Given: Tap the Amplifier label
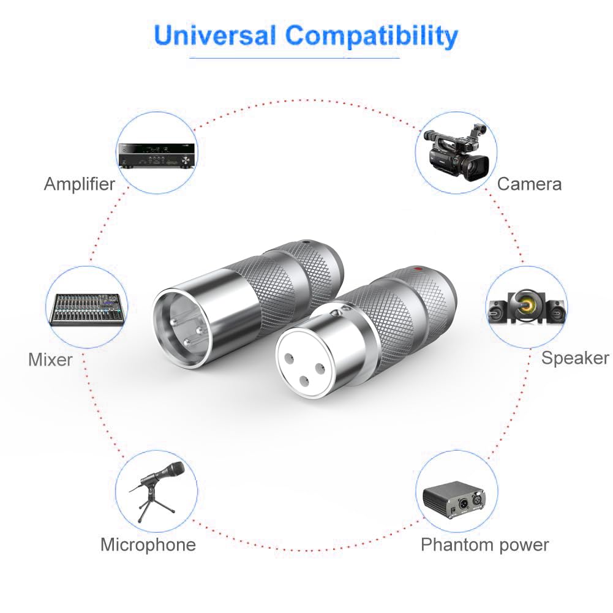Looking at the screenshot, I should pyautogui.click(x=80, y=184).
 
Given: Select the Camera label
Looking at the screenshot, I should pyautogui.click(x=529, y=184).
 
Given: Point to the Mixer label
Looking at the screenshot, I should pyautogui.click(x=50, y=359).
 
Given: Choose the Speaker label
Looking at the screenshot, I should pyautogui.click(x=575, y=358).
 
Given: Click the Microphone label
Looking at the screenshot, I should pyautogui.click(x=148, y=544).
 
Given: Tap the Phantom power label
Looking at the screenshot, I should pyautogui.click(x=484, y=544).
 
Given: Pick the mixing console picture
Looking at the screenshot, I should pyautogui.click(x=88, y=309).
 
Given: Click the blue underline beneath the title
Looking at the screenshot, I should pyautogui.click(x=295, y=58).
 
